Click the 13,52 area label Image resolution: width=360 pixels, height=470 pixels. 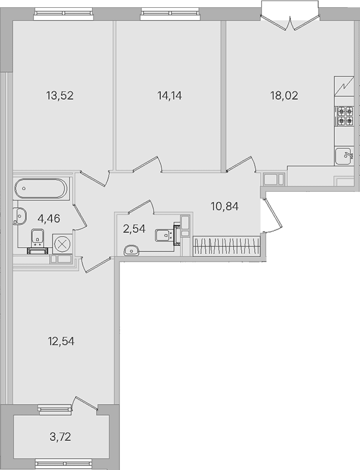(x=60, y=95)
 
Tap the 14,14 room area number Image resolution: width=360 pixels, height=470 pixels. (x=169, y=95)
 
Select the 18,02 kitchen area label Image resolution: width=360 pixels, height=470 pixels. (x=284, y=95)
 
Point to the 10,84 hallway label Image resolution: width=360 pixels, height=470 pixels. (x=225, y=206)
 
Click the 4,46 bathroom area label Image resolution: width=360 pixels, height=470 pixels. (x=48, y=218)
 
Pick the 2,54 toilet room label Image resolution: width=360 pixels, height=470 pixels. (x=134, y=229)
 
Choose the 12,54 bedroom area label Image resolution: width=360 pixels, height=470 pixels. (x=61, y=341)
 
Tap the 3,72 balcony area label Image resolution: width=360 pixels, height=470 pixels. (x=60, y=437)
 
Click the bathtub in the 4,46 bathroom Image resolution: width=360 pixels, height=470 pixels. (x=41, y=188)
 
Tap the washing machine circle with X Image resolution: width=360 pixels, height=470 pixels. (x=62, y=243)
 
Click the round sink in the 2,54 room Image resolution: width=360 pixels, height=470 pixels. (x=131, y=250)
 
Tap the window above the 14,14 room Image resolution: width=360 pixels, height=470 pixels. (x=170, y=14)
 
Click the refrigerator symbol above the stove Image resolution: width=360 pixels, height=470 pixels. (x=344, y=86)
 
